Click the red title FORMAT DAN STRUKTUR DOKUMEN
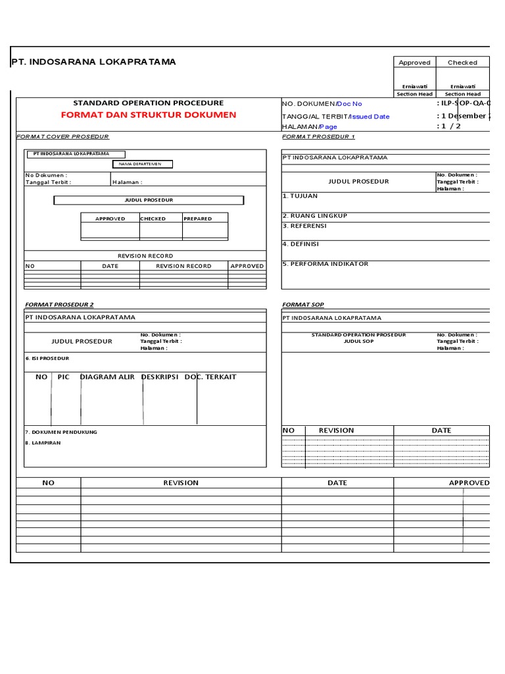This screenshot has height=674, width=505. [148, 115]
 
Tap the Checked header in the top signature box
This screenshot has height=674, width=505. [462, 63]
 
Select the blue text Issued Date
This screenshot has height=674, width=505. [370, 117]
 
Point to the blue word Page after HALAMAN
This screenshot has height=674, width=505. [329, 126]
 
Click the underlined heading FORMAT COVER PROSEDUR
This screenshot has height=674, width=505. [62, 136]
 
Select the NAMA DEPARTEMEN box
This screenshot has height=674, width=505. [143, 164]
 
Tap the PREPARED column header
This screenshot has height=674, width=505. [197, 219]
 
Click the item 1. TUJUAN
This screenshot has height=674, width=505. [300, 196]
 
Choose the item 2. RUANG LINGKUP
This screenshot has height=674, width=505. [314, 216]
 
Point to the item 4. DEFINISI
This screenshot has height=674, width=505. [301, 244]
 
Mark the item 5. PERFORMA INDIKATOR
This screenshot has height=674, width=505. [325, 264]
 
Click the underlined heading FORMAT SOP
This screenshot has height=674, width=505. [302, 305]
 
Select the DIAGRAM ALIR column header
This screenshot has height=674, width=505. [107, 377]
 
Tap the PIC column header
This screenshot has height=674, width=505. [63, 377]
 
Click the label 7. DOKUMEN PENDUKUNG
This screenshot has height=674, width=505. [61, 432]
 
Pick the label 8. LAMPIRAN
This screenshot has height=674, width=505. [43, 443]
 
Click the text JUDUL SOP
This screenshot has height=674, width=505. [358, 342]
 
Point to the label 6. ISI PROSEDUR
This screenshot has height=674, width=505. [47, 358]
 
